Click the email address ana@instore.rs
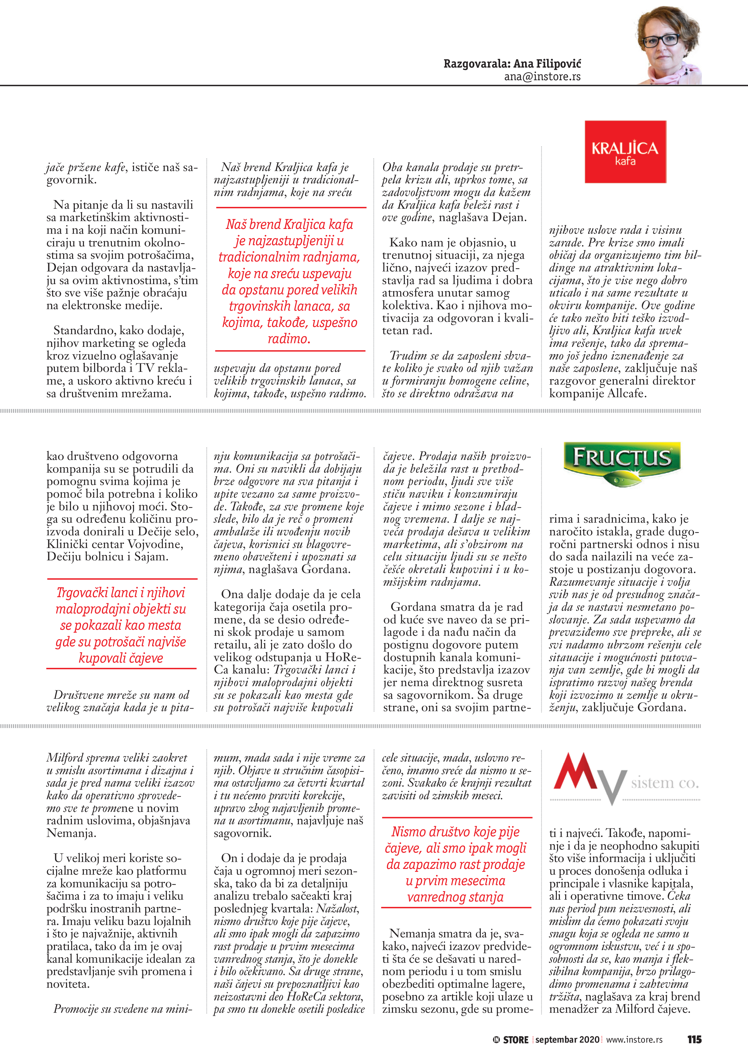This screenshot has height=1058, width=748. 542,77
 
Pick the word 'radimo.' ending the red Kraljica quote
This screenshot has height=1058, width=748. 289,339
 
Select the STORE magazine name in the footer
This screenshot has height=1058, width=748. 515,1040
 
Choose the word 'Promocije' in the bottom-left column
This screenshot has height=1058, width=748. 77,1009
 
